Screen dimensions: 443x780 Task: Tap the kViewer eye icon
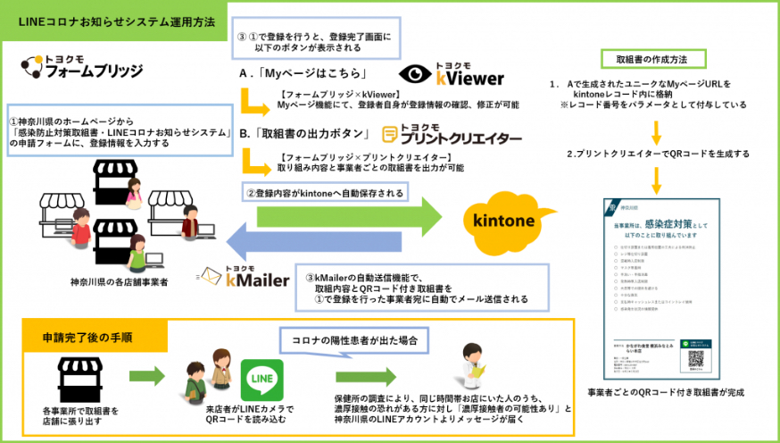[x=415, y=74]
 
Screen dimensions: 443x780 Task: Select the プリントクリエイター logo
[x=451, y=135]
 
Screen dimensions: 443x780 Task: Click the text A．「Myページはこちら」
[x=303, y=74]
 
